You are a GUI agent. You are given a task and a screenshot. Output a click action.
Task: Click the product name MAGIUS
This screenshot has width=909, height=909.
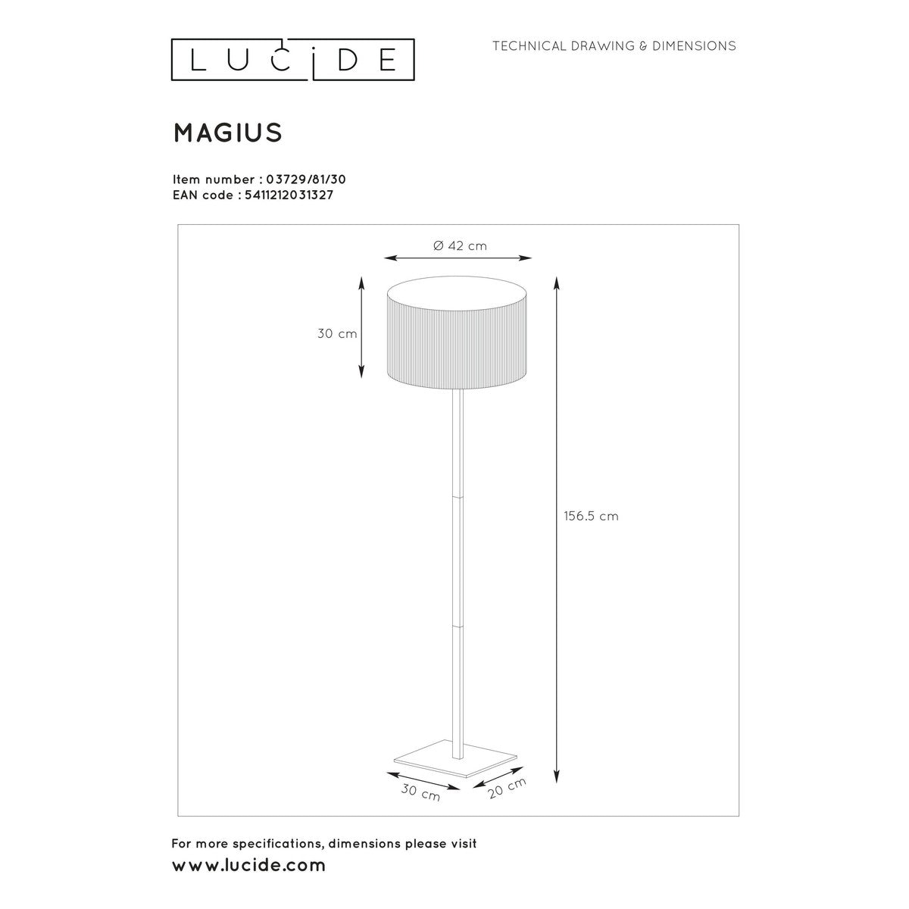click(228, 133)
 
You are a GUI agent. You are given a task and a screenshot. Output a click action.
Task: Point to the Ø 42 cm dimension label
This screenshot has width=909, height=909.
click(460, 245)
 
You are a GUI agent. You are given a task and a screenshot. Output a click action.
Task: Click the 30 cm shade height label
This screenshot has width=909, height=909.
click(337, 333)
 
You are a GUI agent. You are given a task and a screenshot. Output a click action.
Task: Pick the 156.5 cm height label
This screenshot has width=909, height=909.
click(591, 516)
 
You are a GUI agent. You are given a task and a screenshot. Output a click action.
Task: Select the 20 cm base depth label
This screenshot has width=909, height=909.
click(507, 788)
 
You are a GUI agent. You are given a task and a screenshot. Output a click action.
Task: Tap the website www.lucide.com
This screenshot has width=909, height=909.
click(249, 864)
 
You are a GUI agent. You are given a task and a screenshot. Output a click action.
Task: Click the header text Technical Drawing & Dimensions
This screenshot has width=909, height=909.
click(614, 46)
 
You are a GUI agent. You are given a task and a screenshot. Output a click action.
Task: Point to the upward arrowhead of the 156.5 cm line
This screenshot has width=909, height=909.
click(557, 282)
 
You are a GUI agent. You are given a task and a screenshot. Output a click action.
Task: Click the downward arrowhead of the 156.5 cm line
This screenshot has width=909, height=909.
click(557, 778)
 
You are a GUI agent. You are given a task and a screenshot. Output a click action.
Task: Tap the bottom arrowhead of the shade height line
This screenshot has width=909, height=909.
click(361, 372)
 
